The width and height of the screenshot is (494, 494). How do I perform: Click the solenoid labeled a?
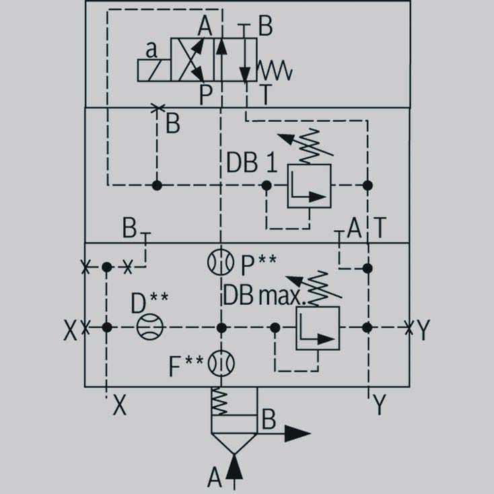pyautogui.click(x=154, y=70)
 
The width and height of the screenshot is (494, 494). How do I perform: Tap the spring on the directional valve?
pyautogui.click(x=275, y=70)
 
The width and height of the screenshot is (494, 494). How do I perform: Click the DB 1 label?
pyautogui.click(x=252, y=162)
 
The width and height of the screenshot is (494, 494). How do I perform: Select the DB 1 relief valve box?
pyautogui.click(x=310, y=186)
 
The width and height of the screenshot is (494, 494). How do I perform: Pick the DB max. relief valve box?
pyautogui.click(x=318, y=328)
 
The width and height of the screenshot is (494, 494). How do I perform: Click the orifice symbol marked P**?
pyautogui.click(x=221, y=262)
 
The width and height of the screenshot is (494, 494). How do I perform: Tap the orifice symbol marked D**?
pyautogui.click(x=150, y=326)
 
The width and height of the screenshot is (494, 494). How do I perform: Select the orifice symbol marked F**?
pyautogui.click(x=221, y=363)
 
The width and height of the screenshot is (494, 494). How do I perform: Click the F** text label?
pyautogui.click(x=186, y=365)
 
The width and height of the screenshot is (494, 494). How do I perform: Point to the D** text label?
pyautogui.click(x=149, y=302)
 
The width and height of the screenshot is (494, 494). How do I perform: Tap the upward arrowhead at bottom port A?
pyautogui.click(x=234, y=467)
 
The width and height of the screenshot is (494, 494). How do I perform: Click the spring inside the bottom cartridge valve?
pyautogui.click(x=219, y=401)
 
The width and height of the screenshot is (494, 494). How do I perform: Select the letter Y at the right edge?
pyautogui.click(x=423, y=330)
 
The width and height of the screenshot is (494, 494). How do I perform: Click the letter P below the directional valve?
pyautogui.click(x=206, y=94)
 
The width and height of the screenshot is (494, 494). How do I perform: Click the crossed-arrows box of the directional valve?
pyautogui.click(x=192, y=59)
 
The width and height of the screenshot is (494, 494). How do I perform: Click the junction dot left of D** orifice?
pyautogui.click(x=107, y=327)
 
